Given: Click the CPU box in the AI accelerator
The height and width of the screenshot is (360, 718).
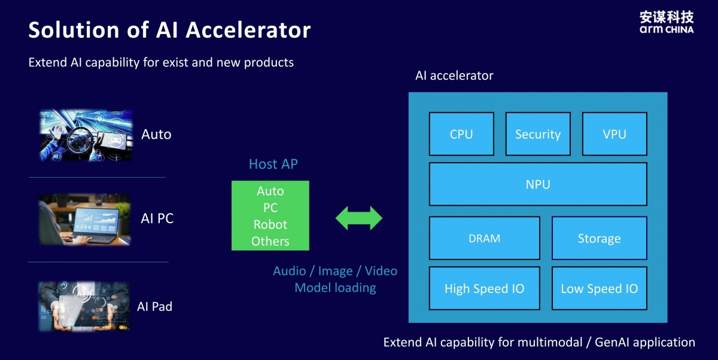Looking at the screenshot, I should [461, 134].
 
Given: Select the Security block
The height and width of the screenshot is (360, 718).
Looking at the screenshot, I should [538, 134].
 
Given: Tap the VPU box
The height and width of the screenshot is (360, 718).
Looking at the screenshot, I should [614, 134].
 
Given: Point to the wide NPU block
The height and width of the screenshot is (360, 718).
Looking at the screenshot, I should [538, 184].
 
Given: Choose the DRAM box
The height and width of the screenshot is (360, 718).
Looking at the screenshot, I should [485, 238].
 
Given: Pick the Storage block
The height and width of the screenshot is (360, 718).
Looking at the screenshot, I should [599, 238].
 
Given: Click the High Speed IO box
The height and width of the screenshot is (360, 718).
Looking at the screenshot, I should [485, 288].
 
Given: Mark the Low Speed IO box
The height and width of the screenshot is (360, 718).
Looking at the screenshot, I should [599, 288].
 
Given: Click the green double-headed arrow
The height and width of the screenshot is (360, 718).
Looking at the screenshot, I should [358, 218].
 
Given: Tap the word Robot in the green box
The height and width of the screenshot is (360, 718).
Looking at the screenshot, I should [270, 224].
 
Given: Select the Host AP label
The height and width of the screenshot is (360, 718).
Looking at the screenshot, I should [273, 164].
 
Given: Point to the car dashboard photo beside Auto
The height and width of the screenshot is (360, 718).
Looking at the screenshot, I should [86, 135].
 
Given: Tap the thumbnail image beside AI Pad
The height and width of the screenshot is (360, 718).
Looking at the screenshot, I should [83, 306].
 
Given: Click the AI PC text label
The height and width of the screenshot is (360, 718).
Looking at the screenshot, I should [157, 218].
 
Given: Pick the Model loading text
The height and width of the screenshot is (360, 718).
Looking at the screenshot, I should [335, 288].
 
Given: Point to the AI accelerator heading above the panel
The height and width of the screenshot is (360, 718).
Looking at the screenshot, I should [454, 75].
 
